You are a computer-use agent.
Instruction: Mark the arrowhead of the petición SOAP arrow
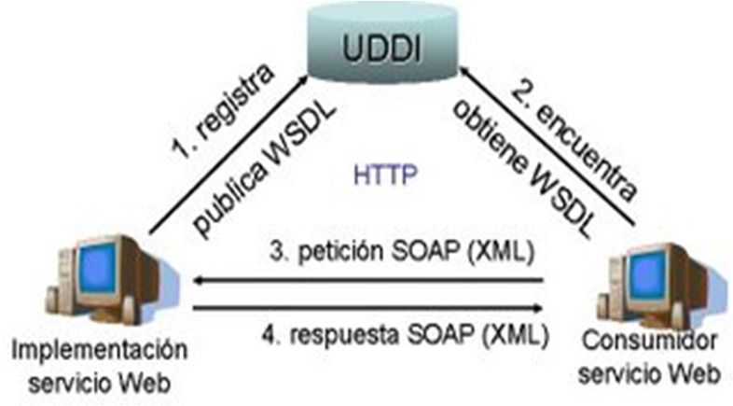(198, 279)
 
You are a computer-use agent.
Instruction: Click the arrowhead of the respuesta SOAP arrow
(541, 308)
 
